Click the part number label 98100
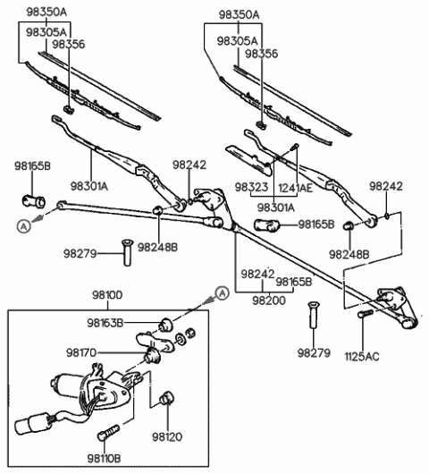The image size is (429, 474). (x=107, y=295)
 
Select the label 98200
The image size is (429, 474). (x=269, y=300)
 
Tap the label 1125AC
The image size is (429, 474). (x=362, y=357)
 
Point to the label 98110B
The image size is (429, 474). (x=104, y=459)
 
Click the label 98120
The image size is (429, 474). (x=167, y=436)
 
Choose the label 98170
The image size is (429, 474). (x=81, y=352)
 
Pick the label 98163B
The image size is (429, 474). (x=105, y=323)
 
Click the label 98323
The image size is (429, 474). (x=251, y=187)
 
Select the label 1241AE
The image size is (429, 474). (x=295, y=188)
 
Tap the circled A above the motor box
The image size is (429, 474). (x=222, y=293)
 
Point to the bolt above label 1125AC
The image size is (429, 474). (x=366, y=314)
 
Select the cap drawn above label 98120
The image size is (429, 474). (x=166, y=398)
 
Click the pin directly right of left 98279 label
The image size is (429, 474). (x=128, y=253)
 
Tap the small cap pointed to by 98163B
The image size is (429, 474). (x=166, y=324)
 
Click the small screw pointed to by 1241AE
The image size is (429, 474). (x=295, y=148)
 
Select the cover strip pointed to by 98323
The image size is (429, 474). (x=248, y=160)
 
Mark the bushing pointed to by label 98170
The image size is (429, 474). (x=153, y=355)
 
